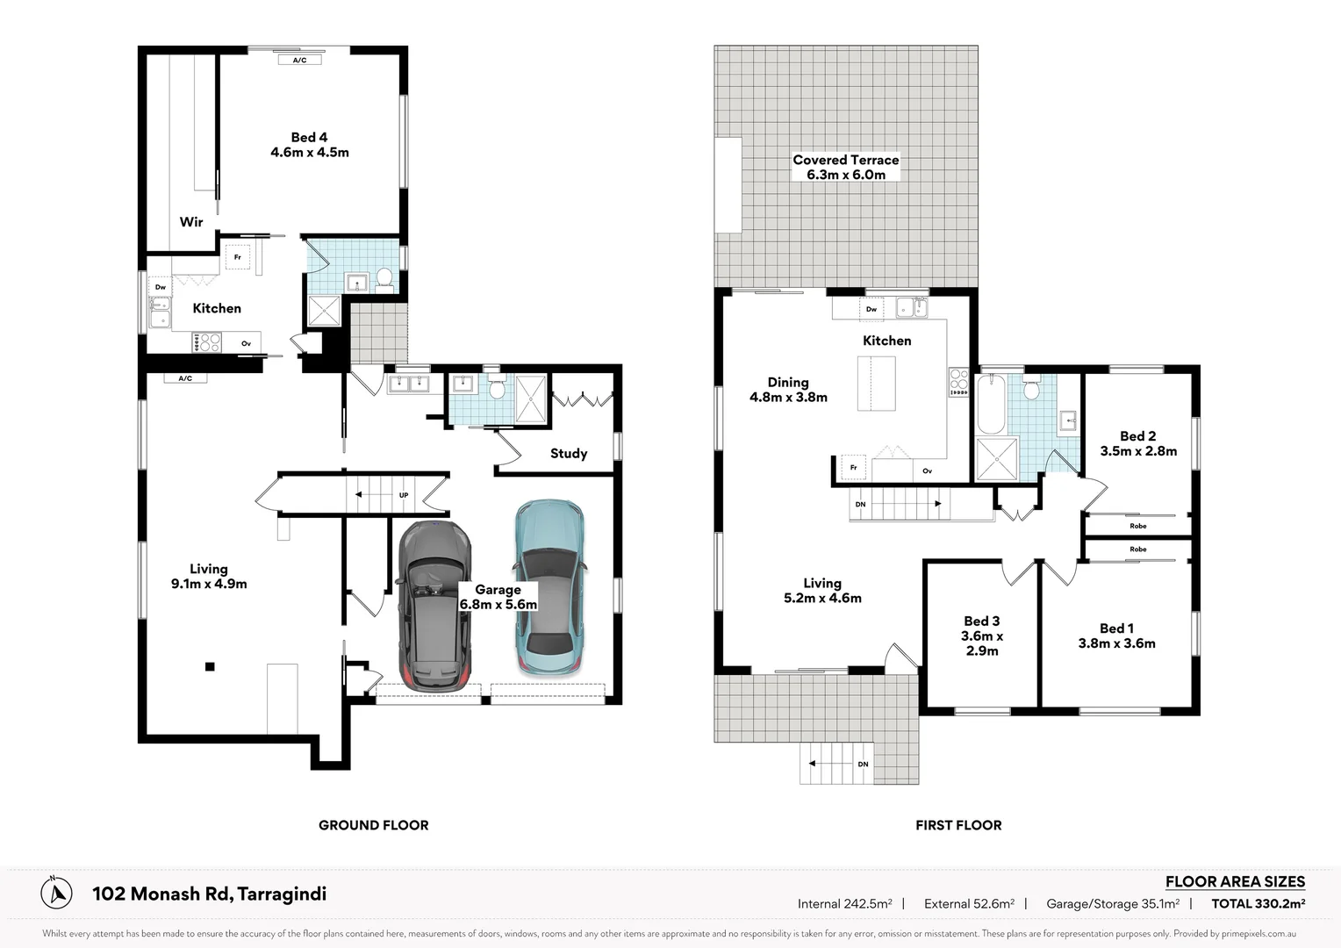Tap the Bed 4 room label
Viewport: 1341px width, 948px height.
coord(309,138)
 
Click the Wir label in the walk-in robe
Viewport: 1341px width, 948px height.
coord(191,222)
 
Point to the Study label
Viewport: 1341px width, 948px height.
coord(569,454)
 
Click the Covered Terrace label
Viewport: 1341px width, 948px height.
coord(845,160)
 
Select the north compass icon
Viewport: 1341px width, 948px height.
coord(57,893)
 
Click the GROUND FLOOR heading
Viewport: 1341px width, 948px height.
coord(373,825)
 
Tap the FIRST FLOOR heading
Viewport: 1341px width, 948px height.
coord(957,825)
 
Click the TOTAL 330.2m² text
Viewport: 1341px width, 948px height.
coord(1258,903)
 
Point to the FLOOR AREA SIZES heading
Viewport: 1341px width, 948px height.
coord(1235,881)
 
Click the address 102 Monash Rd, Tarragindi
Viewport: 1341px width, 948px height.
coord(209,894)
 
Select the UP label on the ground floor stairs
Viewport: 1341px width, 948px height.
coord(404,495)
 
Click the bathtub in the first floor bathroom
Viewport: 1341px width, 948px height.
coord(991,404)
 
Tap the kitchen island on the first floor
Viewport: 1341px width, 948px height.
coord(876,384)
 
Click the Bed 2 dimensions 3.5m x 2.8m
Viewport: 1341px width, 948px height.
coord(1138,451)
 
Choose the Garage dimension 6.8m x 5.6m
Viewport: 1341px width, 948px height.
coord(498,605)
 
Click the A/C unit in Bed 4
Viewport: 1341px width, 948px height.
coord(299,60)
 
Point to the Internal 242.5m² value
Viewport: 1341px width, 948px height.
coord(844,903)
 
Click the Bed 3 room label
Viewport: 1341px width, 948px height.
coord(981,621)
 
